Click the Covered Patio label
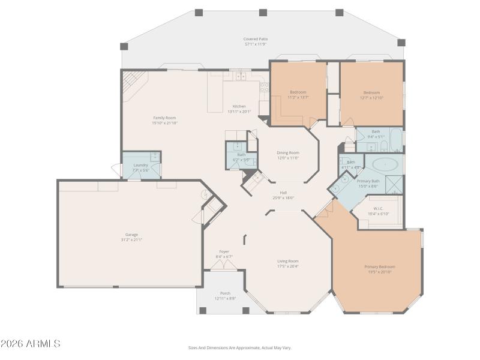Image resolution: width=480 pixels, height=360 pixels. pyautogui.click(x=255, y=39)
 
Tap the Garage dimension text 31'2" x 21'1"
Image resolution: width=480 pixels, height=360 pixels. pyautogui.click(x=131, y=239)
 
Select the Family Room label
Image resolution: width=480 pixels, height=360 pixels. pyautogui.click(x=164, y=118)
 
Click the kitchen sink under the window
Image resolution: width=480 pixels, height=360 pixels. pyautogui.click(x=240, y=77)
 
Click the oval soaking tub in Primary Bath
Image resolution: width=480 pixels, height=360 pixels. pyautogui.click(x=384, y=163)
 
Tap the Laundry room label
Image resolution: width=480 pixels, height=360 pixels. pyautogui.click(x=140, y=164)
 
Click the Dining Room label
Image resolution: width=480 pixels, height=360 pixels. pyautogui.click(x=288, y=152)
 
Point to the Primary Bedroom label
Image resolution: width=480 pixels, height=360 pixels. pyautogui.click(x=379, y=266)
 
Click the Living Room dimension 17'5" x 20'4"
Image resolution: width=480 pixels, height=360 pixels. pyautogui.click(x=288, y=266)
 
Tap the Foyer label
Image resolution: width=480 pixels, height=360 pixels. pyautogui.click(x=224, y=252)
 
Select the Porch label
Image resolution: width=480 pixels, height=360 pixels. pyautogui.click(x=225, y=293)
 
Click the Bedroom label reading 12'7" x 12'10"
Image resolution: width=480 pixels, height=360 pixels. pyautogui.click(x=371, y=92)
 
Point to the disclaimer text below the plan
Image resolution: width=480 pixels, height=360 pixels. pyautogui.click(x=240, y=347)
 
